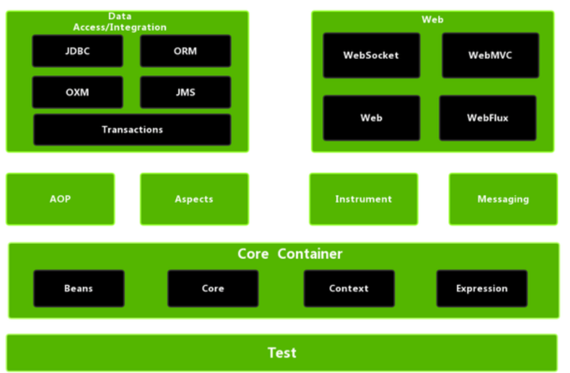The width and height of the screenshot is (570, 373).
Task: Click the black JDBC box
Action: pos(78,51)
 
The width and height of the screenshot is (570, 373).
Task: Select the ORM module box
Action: pos(186,51)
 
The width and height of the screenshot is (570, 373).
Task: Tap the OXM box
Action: pos(78,92)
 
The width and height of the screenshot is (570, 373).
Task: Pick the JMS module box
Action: pos(186,92)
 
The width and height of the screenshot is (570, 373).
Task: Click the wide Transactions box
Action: pos(132,130)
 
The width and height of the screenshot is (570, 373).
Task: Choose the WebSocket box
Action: pos(371,55)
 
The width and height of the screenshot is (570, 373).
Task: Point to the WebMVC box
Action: pos(490,55)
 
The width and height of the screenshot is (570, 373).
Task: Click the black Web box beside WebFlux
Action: pos(371,118)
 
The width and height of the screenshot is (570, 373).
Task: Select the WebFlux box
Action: pos(488,118)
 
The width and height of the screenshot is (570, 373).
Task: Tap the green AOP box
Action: pos(60,199)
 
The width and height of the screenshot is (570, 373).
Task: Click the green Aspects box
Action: pos(194,199)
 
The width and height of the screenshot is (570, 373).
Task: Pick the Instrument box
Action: pos(364,199)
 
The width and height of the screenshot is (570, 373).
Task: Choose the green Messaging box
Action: pos(503,199)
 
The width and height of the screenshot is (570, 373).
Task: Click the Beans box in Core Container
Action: pos(79,289)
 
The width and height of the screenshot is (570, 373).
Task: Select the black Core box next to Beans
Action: pos(213,289)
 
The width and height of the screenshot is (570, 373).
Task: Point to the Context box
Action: pos(349,289)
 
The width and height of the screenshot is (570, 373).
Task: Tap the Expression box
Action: pos(482,289)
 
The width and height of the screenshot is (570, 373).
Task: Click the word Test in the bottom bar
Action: pos(282,353)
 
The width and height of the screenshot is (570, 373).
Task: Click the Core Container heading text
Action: pos(290,253)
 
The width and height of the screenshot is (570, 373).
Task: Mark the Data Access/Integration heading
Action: pos(120,22)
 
